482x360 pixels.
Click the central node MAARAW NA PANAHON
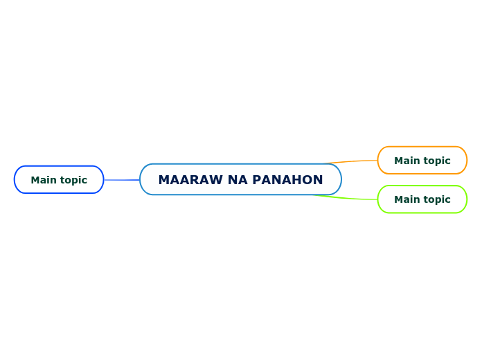[240, 179]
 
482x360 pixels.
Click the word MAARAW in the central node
[190, 180]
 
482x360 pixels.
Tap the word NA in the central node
[238, 180]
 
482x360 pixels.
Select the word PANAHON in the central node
[287, 180]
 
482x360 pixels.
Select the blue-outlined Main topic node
[59, 179]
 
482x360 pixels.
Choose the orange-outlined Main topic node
[422, 160]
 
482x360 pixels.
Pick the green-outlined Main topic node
[422, 199]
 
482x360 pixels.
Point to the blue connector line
[121, 180]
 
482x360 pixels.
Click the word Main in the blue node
[44, 180]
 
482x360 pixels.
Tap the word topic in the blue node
[73, 181]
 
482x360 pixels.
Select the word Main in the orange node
[407, 161]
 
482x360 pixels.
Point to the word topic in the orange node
[436, 161]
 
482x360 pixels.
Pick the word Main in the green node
[407, 199]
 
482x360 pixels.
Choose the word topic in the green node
[436, 200]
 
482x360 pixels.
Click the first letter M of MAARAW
[164, 180]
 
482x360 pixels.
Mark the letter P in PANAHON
[256, 180]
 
